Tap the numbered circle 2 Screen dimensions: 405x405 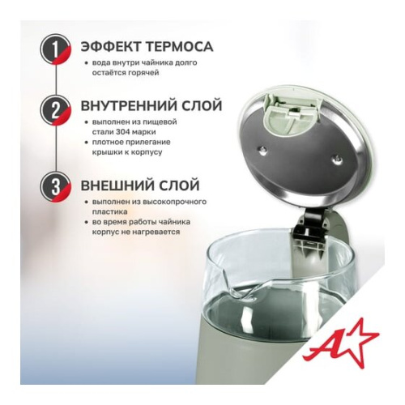tap(55, 108)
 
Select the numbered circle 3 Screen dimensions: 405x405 tap(55, 185)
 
